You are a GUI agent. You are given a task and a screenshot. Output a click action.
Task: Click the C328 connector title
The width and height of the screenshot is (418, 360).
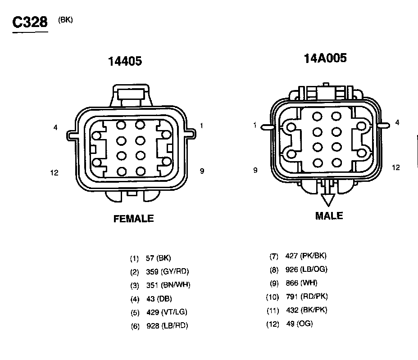(30, 22)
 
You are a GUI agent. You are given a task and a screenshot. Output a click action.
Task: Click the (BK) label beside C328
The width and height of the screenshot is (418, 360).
(65, 20)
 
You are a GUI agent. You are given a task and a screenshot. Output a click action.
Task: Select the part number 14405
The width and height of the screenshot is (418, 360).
(125, 61)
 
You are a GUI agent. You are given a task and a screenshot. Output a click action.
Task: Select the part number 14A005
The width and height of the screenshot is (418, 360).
(325, 58)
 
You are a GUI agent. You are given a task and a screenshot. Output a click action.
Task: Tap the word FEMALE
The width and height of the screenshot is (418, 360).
(134, 219)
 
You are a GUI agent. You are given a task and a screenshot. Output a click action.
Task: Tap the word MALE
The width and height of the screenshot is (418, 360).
(329, 216)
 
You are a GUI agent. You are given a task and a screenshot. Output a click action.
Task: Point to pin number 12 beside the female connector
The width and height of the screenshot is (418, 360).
(54, 173)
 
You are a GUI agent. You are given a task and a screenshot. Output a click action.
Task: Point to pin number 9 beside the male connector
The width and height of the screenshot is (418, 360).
(255, 170)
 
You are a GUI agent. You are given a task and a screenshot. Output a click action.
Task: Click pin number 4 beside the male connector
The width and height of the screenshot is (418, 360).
(397, 122)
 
